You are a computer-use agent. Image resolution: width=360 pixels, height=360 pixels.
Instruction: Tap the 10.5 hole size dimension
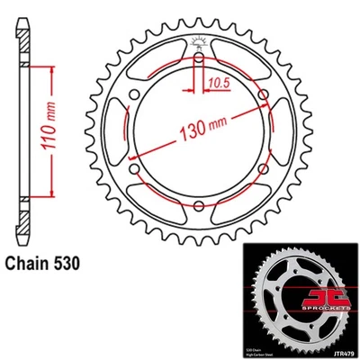point(218,82)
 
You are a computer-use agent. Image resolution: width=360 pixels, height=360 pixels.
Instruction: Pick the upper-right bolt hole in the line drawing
point(263,94)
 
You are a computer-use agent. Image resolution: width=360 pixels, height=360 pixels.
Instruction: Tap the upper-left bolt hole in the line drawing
point(133,94)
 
